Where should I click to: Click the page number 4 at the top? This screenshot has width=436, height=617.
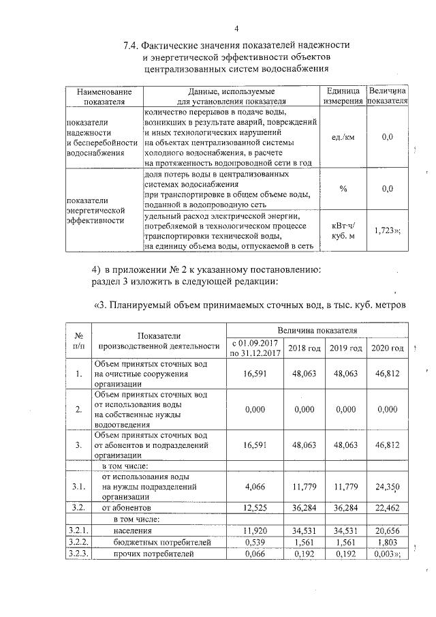click(236, 28)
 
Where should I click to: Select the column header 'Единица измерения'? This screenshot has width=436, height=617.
click(343, 96)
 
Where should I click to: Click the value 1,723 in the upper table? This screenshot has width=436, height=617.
click(386, 230)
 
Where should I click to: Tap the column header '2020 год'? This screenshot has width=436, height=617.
click(387, 348)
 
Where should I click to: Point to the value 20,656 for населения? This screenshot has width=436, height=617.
click(387, 530)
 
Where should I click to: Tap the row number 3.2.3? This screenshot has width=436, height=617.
click(79, 554)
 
